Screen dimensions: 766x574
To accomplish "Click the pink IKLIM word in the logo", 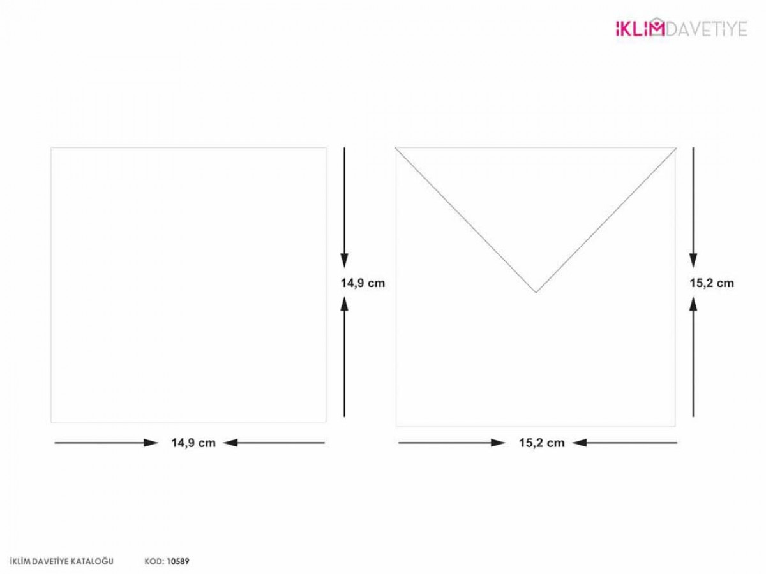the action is (x=640, y=28).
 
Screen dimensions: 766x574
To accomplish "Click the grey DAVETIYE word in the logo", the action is (x=707, y=29).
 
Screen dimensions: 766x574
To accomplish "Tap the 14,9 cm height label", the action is (x=363, y=283).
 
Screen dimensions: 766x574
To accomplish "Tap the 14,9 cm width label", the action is (x=193, y=443).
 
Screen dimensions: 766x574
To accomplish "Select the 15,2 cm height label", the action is (x=712, y=283).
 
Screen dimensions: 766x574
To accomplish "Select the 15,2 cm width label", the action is (x=541, y=443).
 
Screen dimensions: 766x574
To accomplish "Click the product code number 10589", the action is (x=178, y=561).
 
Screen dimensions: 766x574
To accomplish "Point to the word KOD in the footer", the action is (x=154, y=561).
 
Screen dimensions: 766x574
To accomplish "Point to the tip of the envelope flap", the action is (x=536, y=292).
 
